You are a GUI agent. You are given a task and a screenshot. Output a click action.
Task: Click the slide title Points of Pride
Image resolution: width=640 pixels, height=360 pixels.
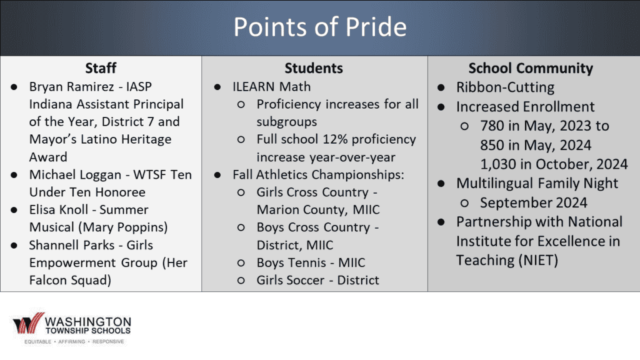(x=319, y=27)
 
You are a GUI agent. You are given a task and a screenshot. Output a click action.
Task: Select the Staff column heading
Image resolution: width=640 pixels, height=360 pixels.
(x=101, y=68)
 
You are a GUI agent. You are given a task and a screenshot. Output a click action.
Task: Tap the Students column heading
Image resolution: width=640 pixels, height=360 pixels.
(x=314, y=68)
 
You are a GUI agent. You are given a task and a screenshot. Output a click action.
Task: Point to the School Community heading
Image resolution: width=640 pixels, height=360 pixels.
(x=531, y=68)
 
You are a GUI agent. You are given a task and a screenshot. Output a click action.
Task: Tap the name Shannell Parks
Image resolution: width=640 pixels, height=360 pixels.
(x=70, y=245)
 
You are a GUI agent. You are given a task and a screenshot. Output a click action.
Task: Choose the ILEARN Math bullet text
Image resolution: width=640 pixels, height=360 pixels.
(x=271, y=87)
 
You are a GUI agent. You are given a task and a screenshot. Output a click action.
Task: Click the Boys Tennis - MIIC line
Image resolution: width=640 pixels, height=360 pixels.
(x=311, y=262)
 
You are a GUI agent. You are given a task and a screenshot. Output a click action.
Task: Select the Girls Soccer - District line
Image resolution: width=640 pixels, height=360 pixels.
(x=317, y=280)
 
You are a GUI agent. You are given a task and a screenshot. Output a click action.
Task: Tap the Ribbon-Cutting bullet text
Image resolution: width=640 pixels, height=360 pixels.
(x=505, y=87)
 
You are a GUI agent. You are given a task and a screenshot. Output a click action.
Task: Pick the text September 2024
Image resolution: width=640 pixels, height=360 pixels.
(x=534, y=202)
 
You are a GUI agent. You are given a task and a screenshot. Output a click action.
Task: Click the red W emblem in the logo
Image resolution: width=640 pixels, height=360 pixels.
(x=28, y=324)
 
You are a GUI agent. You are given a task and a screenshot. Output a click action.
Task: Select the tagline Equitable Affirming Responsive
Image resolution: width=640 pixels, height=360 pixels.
(x=74, y=342)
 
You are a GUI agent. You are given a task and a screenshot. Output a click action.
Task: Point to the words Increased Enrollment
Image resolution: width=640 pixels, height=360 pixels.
(x=525, y=107)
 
